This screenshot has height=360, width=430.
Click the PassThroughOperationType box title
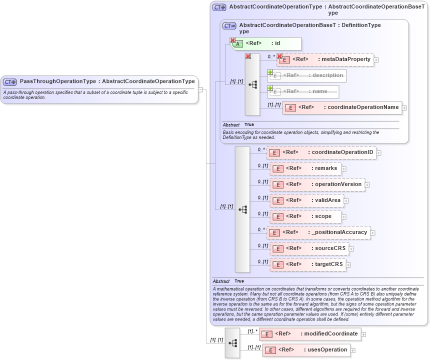(107, 81)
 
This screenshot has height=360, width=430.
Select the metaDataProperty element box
(325, 59)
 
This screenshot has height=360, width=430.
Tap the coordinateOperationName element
(342, 107)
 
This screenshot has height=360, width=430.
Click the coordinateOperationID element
(321, 152)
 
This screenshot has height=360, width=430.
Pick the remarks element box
(306, 168)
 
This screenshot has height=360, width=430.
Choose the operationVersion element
(317, 184)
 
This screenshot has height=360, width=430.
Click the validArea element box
(306, 200)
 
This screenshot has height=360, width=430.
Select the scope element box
(305, 216)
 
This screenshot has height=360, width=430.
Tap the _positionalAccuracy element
(319, 232)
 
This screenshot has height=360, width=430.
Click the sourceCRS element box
(309, 248)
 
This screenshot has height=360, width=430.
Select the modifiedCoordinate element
(309, 334)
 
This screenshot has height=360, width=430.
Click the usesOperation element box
(306, 350)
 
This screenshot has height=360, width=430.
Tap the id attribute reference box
(267, 43)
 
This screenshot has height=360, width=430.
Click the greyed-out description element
(307, 75)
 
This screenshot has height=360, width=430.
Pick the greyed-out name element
(304, 91)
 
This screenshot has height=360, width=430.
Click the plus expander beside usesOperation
(353, 350)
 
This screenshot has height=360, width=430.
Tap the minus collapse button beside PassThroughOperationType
(200, 90)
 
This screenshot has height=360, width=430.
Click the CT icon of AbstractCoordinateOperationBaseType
(229, 26)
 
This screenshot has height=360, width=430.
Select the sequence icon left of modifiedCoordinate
(232, 343)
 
